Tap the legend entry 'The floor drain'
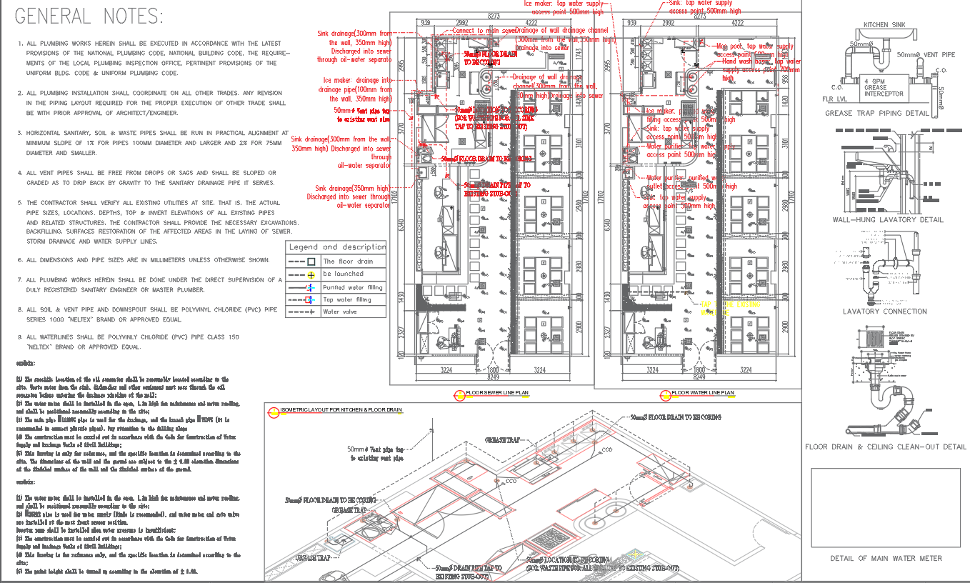pos(347,261)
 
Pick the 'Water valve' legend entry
pos(340,312)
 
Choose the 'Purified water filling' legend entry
pos(352,287)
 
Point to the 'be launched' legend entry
pos(343,274)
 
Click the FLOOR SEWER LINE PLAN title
pos(497,393)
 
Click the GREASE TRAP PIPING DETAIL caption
pos(886,113)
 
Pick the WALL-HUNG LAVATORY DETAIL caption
pos(887,220)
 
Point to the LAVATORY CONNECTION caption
pos(884,312)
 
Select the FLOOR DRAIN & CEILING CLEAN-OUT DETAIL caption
pos(886,447)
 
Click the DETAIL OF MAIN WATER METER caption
pos(886,558)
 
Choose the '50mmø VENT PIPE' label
pos(926,55)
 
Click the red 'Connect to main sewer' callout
pos(483,31)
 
